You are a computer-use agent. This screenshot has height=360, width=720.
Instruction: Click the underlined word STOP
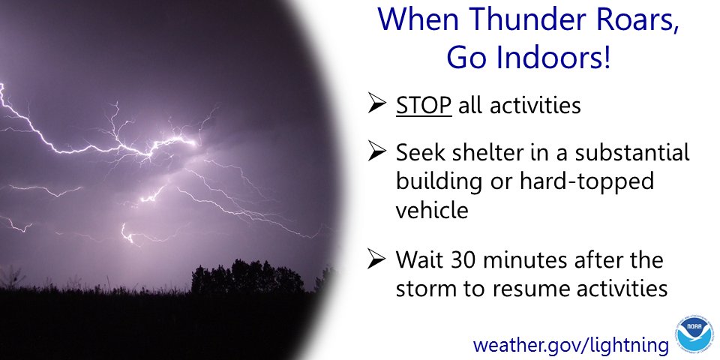pos(424,106)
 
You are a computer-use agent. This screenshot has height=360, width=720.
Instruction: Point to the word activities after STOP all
pos(535,106)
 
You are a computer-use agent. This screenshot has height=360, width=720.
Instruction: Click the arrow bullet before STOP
pos(377,106)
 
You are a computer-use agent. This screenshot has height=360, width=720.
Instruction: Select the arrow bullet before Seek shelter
pos(377,154)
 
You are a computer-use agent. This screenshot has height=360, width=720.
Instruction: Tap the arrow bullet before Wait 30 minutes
pos(377,262)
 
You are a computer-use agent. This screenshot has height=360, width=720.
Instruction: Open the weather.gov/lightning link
pos(570,345)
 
